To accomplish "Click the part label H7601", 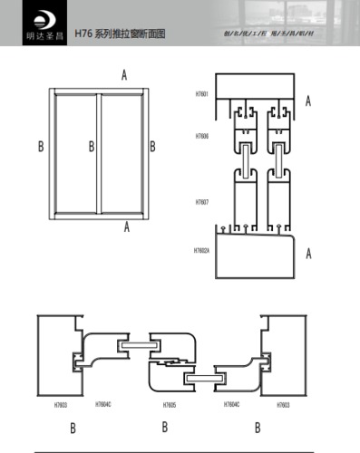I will point(201,94).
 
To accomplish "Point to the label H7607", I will point(201,202).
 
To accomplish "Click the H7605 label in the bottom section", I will point(170,405).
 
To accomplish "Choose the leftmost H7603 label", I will point(61,405).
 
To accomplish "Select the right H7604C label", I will point(233,405).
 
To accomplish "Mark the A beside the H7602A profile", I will point(308,255).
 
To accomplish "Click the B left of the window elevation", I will point(40,146).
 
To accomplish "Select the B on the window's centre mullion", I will point(91,146).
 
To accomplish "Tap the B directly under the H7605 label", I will point(165,427).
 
